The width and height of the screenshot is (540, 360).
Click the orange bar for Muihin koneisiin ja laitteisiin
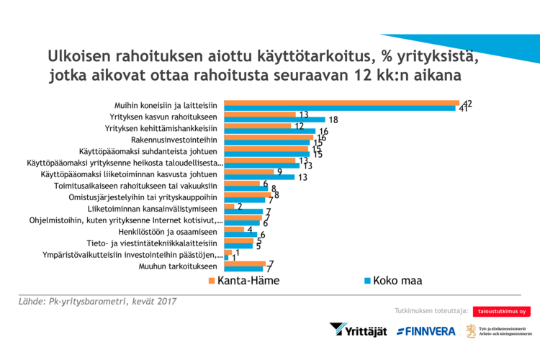click(x=341, y=102)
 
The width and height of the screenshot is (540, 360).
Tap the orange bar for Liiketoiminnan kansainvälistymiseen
click(x=229, y=206)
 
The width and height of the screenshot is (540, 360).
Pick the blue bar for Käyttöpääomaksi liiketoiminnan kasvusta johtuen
click(x=260, y=176)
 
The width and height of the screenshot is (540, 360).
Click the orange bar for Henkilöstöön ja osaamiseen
click(x=234, y=230)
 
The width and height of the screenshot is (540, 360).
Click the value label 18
click(x=333, y=120)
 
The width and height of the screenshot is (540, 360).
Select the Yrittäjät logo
click(x=359, y=330)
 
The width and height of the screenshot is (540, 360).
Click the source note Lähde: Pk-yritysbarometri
click(x=97, y=301)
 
